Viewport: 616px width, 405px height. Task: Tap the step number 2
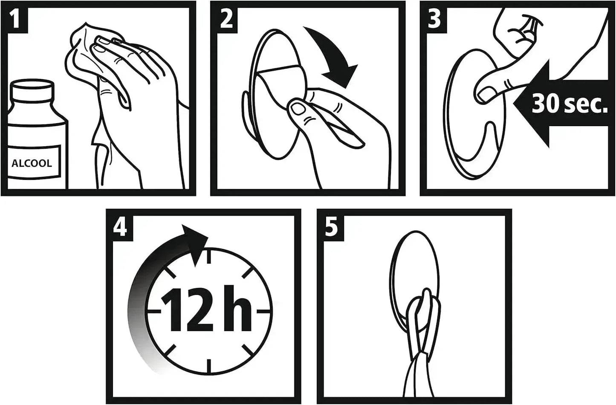click(x=226, y=20)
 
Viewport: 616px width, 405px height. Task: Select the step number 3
click(x=434, y=20)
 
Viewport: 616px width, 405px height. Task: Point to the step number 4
click(x=120, y=227)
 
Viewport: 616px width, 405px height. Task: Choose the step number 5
click(x=331, y=227)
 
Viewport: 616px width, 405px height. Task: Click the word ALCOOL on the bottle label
click(x=32, y=163)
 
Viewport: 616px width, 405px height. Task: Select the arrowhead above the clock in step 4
click(x=194, y=245)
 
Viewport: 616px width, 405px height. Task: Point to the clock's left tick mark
click(x=154, y=311)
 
